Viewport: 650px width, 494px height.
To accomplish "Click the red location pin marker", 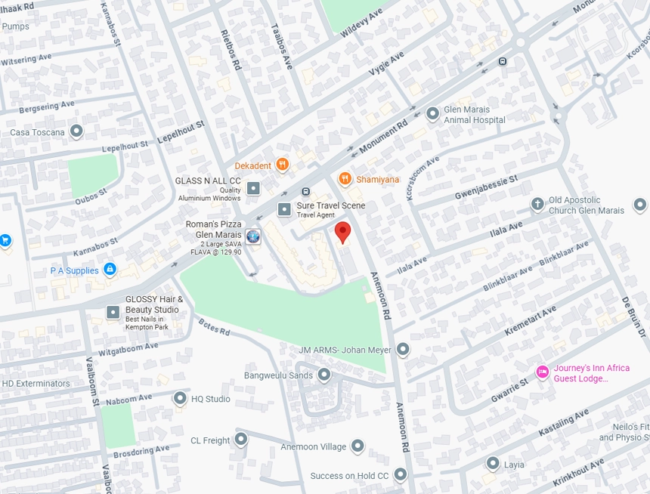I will (343, 232).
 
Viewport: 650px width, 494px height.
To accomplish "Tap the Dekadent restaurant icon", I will (282, 165).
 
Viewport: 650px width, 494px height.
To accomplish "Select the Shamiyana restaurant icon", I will (345, 179).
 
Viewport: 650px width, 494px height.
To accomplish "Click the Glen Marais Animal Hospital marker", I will (433, 114).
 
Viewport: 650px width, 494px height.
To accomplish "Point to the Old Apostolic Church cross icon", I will (537, 204).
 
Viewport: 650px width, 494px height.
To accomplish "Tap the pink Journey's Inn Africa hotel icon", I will (542, 372).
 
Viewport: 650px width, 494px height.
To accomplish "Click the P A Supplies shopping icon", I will (110, 270).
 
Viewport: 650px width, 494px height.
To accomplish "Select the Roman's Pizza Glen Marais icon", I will (253, 236).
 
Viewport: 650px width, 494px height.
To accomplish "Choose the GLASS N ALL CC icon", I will (254, 188).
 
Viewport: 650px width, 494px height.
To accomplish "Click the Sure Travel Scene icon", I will (284, 209).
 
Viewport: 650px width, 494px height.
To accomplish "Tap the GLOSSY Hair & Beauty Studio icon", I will (113, 311).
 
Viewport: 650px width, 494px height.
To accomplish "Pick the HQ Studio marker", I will (180, 398).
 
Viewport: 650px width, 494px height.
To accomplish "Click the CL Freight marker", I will (241, 439).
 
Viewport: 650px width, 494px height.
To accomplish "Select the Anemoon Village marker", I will (357, 446).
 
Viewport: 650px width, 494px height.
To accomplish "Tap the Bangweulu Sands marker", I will (324, 375).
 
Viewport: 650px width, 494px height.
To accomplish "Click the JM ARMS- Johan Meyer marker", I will (403, 349).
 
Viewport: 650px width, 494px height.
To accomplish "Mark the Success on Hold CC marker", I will (401, 475).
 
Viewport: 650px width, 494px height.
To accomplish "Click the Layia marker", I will (493, 464).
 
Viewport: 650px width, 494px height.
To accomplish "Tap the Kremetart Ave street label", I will (531, 320).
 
